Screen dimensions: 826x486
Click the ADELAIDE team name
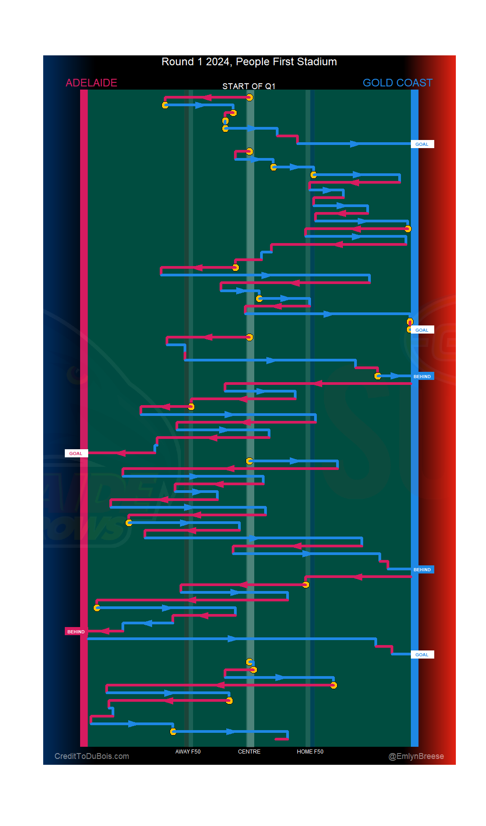(x=91, y=83)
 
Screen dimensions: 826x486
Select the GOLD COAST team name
(x=397, y=83)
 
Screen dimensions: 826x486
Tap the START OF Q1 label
(x=249, y=86)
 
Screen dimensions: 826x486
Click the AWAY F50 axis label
(x=188, y=751)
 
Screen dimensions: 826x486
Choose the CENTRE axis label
(x=249, y=751)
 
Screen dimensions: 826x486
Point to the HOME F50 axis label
(x=310, y=751)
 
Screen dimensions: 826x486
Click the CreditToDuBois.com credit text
(x=92, y=756)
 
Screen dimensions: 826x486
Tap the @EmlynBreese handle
(x=416, y=756)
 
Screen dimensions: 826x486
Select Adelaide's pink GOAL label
(x=76, y=453)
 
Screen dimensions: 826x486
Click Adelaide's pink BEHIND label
(x=76, y=632)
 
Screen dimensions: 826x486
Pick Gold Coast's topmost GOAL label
(x=422, y=144)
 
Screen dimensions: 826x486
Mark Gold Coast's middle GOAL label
(x=422, y=330)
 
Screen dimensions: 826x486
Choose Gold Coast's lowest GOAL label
(x=422, y=654)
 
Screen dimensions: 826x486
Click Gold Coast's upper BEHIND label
(x=422, y=376)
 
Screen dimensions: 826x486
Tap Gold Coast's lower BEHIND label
(x=422, y=569)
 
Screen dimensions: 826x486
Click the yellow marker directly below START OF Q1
(x=249, y=98)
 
